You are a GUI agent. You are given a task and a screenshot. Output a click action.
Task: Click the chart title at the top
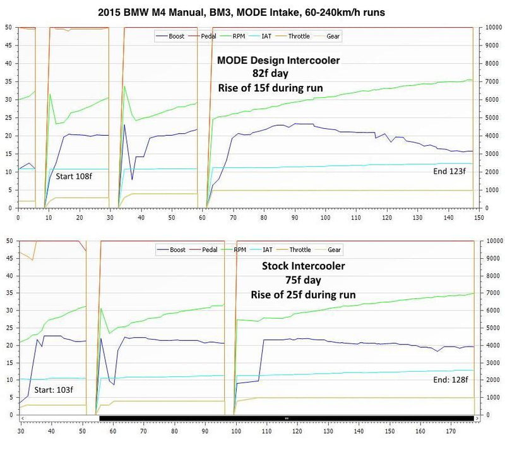click(252, 11)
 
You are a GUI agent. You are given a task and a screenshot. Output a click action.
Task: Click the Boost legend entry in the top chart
click(176, 36)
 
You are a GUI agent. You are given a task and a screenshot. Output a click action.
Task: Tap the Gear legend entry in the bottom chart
click(333, 251)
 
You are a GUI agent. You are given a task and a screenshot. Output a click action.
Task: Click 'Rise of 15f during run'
click(270, 88)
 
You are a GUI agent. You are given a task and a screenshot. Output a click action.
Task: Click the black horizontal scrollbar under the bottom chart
click(287, 418)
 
